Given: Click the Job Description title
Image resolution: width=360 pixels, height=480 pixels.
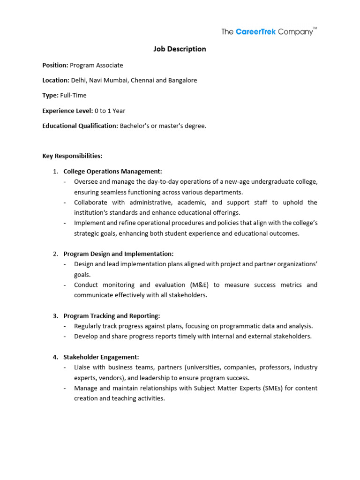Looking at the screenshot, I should click(x=180, y=49).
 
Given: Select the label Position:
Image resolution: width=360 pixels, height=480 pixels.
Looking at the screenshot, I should click(x=55, y=65).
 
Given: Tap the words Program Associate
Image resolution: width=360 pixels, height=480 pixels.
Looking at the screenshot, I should click(x=97, y=65).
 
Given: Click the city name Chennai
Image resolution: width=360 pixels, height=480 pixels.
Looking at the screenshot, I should click(x=142, y=80).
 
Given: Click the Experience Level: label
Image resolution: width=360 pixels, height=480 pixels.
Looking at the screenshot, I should click(x=67, y=111).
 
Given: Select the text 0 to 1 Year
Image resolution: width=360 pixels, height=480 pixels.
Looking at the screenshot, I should click(x=110, y=111).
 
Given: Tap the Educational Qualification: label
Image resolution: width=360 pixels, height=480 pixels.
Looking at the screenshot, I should click(x=80, y=126).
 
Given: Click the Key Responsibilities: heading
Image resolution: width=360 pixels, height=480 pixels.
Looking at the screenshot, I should click(x=72, y=156).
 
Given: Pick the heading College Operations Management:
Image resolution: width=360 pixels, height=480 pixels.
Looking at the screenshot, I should click(x=113, y=172).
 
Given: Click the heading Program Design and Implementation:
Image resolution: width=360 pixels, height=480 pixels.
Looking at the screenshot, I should click(x=119, y=254).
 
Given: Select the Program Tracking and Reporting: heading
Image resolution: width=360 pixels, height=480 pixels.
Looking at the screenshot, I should click(x=112, y=316).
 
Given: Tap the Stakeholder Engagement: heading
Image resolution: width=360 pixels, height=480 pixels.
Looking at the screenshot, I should click(x=101, y=357).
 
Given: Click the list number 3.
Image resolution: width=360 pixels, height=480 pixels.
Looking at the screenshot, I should click(x=55, y=316).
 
